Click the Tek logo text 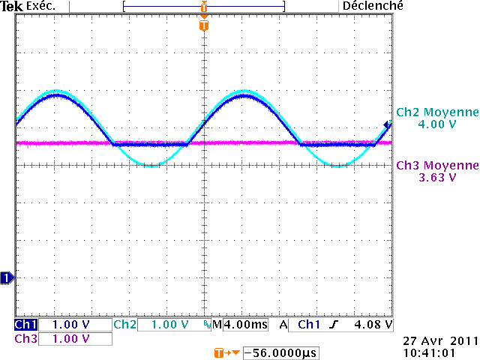click(x=13, y=6)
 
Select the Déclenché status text click(x=373, y=6)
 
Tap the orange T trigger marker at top click(x=203, y=25)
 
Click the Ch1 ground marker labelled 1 click(x=6, y=278)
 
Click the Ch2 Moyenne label click(x=437, y=112)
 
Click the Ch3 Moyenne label click(x=437, y=166)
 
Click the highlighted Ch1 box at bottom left click(x=25, y=325)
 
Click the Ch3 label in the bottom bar click(x=25, y=339)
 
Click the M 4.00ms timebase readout click(x=238, y=325)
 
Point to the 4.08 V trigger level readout click(x=373, y=325)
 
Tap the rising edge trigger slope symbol click(x=334, y=325)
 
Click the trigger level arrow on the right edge click(x=388, y=124)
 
